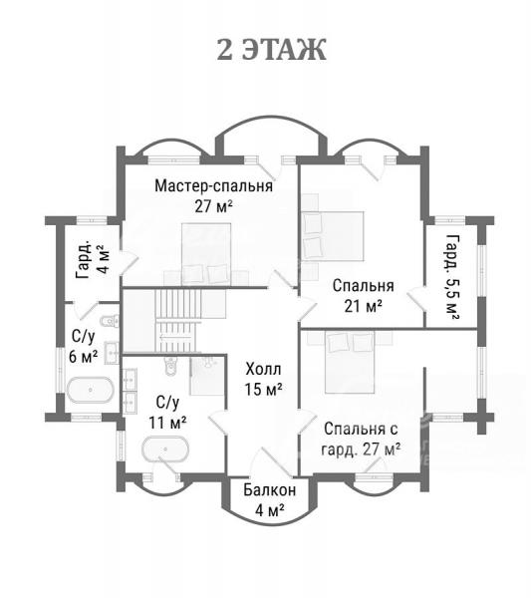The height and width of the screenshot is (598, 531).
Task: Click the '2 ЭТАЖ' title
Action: [x=271, y=50]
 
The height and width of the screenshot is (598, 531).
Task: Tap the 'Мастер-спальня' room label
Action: [x=213, y=186]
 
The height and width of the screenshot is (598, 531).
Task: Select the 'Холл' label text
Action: [x=263, y=369]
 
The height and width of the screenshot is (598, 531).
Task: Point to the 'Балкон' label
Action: [x=270, y=490]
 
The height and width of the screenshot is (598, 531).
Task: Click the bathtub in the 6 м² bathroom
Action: [x=91, y=390]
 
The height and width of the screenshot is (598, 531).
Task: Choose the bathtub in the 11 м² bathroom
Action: [x=165, y=449]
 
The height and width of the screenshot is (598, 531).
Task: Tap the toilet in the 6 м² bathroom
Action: [x=110, y=321]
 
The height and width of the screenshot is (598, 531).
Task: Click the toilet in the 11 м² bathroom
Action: [x=171, y=366]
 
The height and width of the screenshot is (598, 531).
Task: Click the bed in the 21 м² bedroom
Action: [x=333, y=236]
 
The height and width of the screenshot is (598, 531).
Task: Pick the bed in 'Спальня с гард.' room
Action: [x=350, y=363]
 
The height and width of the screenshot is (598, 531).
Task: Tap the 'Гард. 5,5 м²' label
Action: [x=452, y=278]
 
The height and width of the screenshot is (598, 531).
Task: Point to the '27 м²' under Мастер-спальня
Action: [x=213, y=206]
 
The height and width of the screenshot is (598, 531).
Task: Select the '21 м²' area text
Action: [x=363, y=306]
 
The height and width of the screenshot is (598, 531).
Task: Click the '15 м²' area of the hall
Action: [x=263, y=390]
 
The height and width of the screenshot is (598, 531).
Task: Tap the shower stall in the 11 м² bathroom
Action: [x=208, y=376]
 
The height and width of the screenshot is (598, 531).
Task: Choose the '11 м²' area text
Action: [x=167, y=423]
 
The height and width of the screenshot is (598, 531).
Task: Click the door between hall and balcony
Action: [x=270, y=462]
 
